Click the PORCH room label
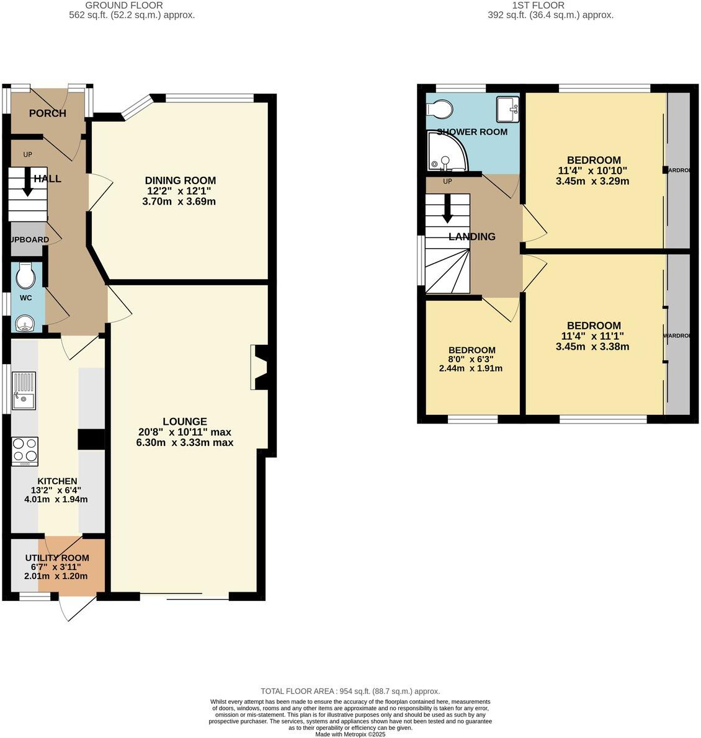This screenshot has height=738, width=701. coord(47,113)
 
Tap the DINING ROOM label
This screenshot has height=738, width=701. coord(180,180)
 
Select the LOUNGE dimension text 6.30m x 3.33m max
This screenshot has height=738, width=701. coord(185,442)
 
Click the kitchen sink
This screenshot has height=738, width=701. coord(24,391)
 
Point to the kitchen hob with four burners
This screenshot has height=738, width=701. coord(25,451)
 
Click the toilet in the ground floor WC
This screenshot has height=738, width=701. coord(26,276)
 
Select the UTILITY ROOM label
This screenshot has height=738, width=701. coord(57,558)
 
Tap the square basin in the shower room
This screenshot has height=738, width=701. coord(507,110)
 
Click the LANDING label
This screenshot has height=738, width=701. coord(472,236)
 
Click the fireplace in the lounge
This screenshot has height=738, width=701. coord(260,367)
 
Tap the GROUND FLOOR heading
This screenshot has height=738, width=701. coord(132,5)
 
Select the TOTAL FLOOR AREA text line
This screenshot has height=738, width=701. coord(350,691)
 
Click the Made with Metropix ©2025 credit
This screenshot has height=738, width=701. coord(350,734)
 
